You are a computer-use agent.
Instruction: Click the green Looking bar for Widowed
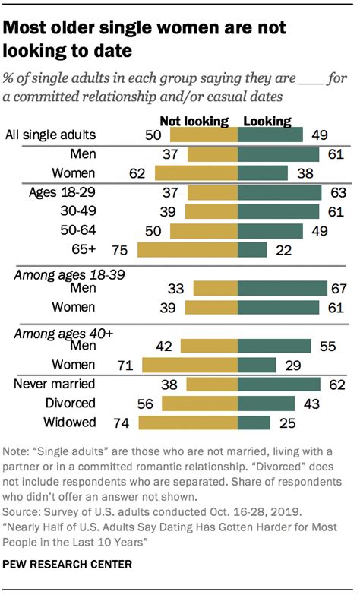254,423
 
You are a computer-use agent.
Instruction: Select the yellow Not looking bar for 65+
187,249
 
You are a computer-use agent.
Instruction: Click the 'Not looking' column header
194,120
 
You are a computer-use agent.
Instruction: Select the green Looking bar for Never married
279,385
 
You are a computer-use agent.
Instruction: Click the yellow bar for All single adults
204,135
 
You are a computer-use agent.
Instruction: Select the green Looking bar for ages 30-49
279,210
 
